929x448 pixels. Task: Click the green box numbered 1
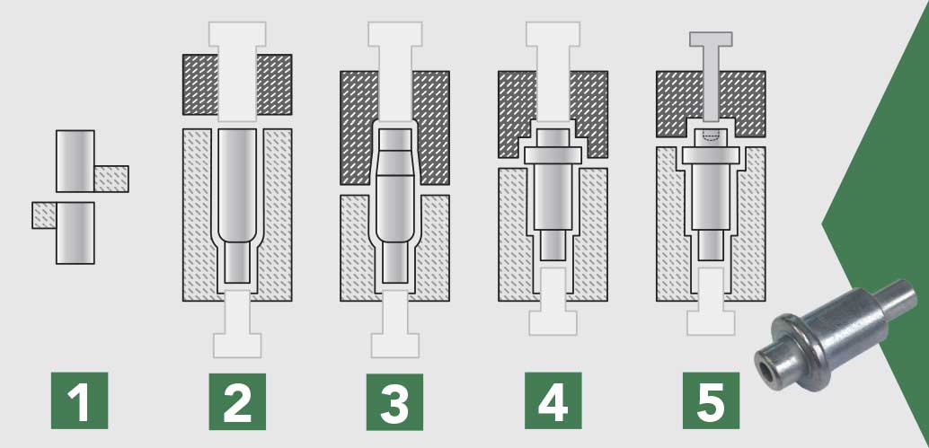(x=79, y=400)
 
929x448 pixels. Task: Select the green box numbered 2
(x=237, y=401)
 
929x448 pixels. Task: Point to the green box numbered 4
(x=553, y=400)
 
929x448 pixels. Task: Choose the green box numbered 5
(x=711, y=400)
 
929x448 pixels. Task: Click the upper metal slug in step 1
(x=75, y=161)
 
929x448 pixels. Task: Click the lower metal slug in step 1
(x=75, y=233)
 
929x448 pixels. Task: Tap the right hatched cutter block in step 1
(x=111, y=179)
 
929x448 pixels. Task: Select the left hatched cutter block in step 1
(x=44, y=215)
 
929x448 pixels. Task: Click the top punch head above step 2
(x=237, y=34)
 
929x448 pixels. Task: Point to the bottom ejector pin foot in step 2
(x=237, y=346)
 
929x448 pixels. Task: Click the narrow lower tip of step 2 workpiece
(x=237, y=261)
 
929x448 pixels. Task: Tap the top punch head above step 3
(x=395, y=34)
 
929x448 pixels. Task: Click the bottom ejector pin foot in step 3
(x=395, y=346)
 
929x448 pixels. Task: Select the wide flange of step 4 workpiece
(x=553, y=155)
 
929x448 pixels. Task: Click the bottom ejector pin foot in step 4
(x=553, y=323)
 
